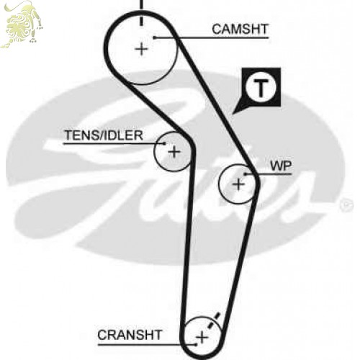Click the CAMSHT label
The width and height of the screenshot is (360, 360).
240,30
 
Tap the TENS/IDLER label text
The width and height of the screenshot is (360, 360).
104,135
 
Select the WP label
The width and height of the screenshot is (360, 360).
281,166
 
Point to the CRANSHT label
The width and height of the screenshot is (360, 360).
130,335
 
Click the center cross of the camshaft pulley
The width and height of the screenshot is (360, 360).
142,50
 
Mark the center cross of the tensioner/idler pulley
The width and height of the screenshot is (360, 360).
174,152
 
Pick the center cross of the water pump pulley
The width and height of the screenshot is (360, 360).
238,184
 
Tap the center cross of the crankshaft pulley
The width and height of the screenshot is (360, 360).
202,338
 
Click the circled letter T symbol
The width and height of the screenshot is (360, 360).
261,88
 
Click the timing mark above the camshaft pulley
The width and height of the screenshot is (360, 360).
142,12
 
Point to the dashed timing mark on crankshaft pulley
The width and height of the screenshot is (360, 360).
214,320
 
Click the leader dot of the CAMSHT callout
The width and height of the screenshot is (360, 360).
155,37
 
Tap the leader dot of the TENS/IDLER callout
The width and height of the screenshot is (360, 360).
164,143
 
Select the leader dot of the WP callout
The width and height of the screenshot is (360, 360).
246,174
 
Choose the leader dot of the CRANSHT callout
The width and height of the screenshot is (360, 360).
196,345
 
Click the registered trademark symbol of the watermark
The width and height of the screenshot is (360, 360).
346,205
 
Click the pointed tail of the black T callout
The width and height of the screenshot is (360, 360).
233,113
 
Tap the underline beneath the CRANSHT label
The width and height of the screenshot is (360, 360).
146,345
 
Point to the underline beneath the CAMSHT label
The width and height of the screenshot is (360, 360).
212,37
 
